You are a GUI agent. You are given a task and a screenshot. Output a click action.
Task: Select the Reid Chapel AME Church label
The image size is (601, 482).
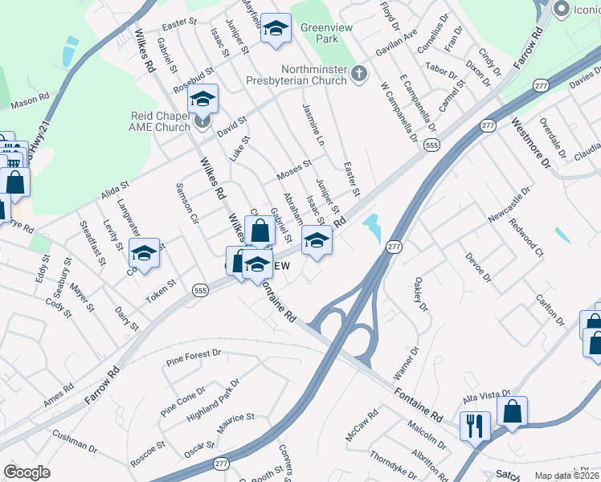point(161,121)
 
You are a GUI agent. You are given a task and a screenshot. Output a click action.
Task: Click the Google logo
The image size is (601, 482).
point(27,472)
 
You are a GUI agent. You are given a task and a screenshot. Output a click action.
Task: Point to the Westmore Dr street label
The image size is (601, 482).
point(531,142)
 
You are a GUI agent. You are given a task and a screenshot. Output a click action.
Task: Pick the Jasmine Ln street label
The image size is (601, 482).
point(313,123)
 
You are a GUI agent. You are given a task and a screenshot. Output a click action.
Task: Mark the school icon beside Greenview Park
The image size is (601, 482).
point(276,30)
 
